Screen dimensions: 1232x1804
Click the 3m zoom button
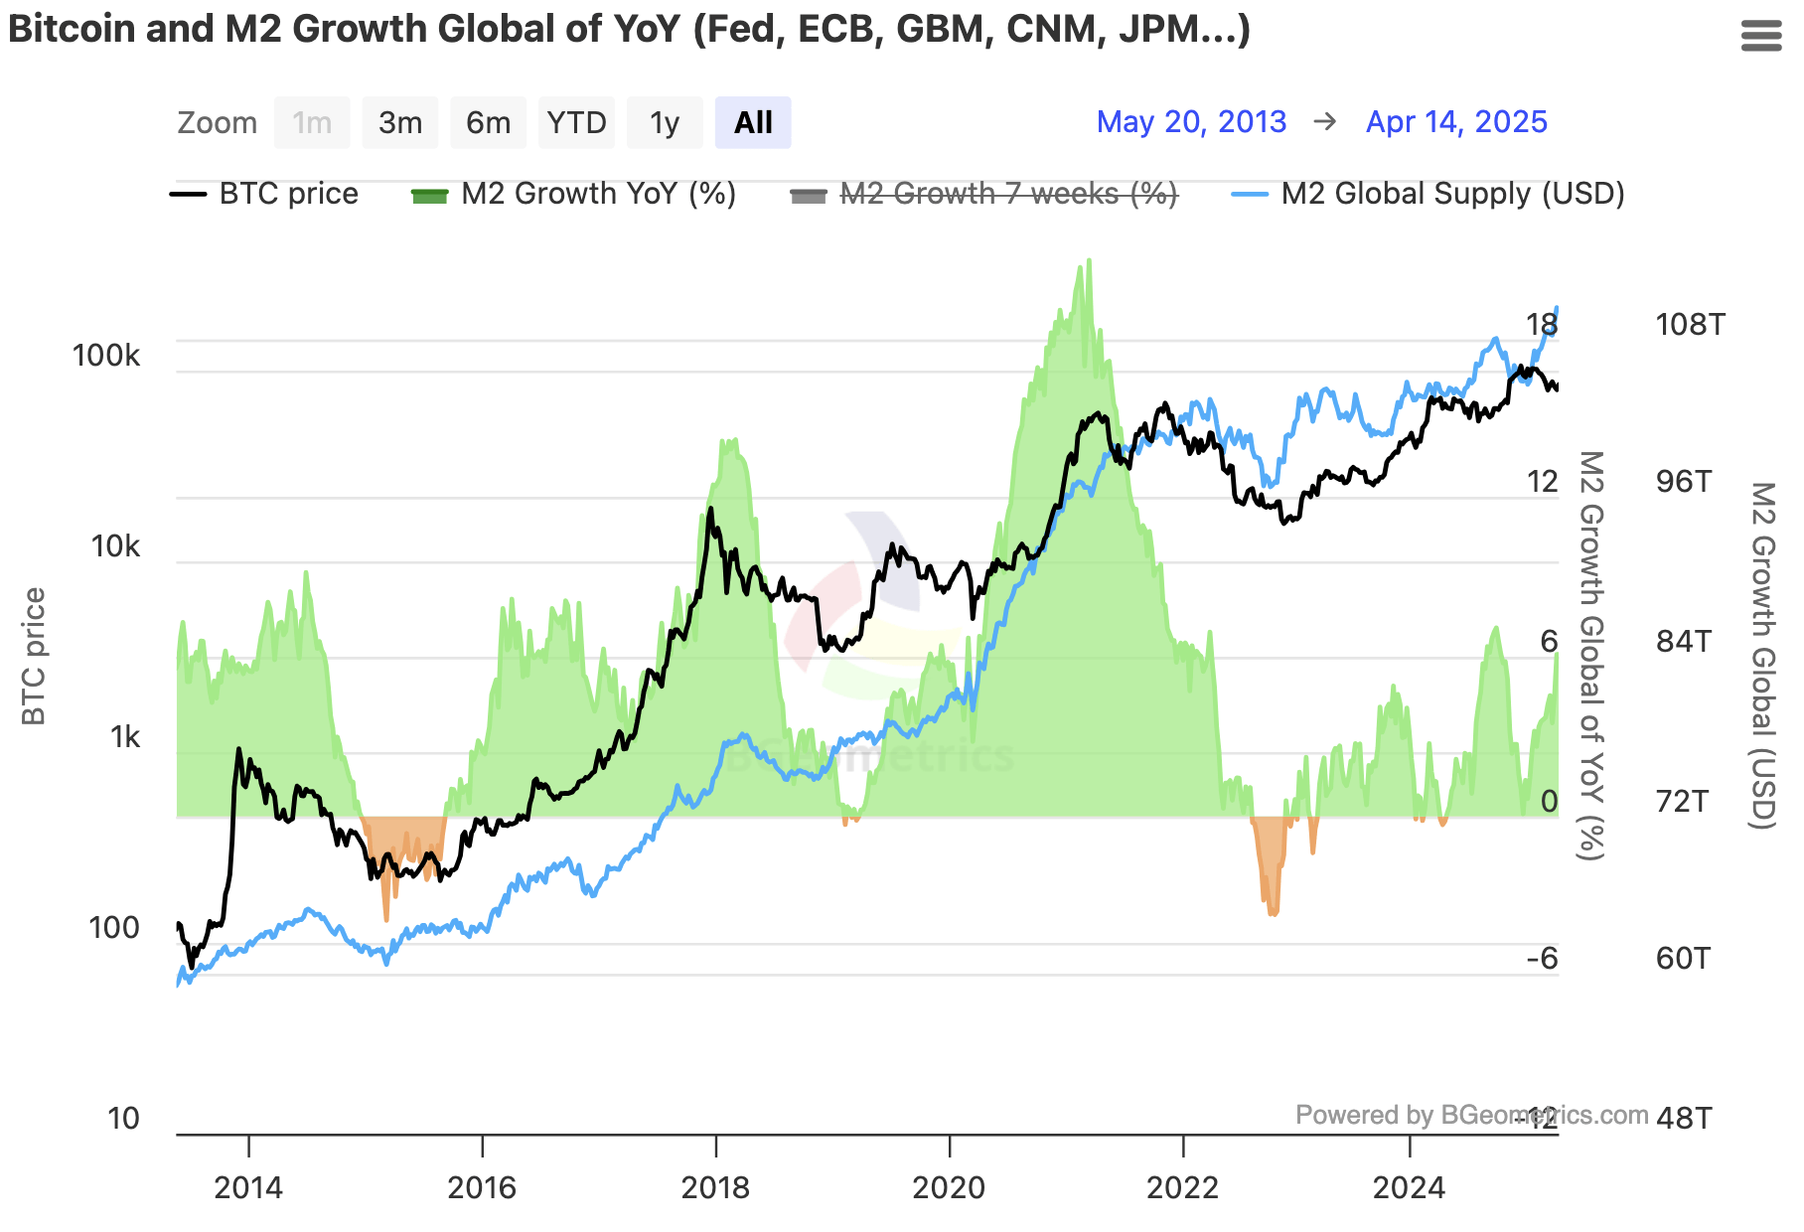click(399, 123)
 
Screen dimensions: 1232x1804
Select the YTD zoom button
click(576, 123)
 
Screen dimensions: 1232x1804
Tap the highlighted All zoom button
click(752, 123)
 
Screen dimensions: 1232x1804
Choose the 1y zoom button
click(664, 123)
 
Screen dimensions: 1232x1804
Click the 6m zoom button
click(488, 123)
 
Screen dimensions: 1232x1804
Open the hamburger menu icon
click(1761, 37)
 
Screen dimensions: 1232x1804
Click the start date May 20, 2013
click(1190, 122)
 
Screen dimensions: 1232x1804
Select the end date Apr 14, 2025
click(1455, 122)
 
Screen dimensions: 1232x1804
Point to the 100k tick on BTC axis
click(106, 356)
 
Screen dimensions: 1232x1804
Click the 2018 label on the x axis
click(715, 1187)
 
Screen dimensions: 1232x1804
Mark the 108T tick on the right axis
click(1690, 325)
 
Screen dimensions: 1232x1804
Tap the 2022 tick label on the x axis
click(1182, 1187)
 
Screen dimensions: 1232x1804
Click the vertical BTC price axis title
click(34, 656)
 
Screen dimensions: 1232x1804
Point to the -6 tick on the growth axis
click(1542, 959)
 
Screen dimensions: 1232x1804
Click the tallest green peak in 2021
click(1089, 262)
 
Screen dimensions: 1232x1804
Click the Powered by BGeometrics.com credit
click(1470, 1115)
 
